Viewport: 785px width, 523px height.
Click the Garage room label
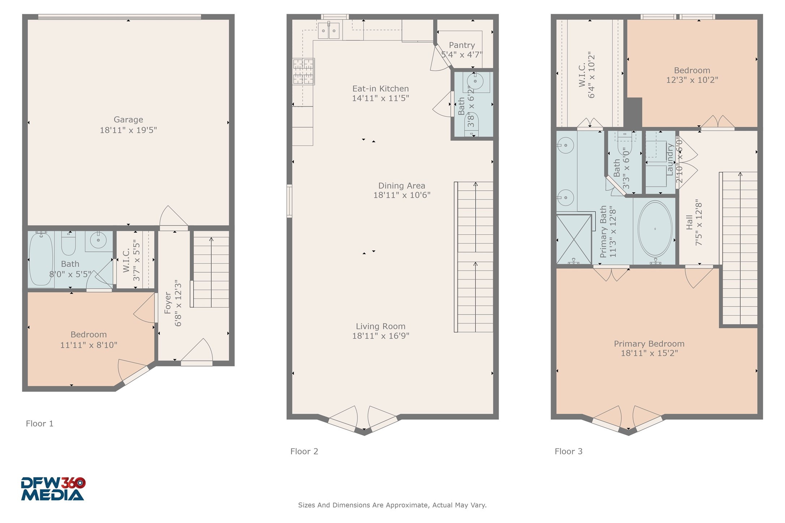coord(128,120)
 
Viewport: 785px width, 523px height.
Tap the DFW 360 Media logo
coord(53,489)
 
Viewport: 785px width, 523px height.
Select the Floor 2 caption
coord(304,451)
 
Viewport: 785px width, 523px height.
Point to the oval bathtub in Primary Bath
coord(655,229)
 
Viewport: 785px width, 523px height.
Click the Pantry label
coord(462,45)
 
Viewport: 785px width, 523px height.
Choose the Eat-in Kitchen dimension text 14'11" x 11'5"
coord(381,98)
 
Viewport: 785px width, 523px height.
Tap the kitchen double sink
coord(329,30)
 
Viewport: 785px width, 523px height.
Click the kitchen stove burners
coord(303,72)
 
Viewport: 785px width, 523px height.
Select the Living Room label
coord(381,327)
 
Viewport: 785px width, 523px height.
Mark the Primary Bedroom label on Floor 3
coord(649,344)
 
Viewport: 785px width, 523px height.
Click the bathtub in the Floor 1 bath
coord(41,259)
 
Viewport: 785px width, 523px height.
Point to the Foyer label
coord(167,303)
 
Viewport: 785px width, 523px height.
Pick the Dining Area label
coord(402,186)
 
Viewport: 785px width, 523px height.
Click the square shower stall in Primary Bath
coord(574,239)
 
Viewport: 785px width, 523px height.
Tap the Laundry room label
coord(670,160)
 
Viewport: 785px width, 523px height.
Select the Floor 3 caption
coord(569,451)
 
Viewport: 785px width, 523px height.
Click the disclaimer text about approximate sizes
coord(392,505)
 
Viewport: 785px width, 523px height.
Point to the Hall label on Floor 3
coord(690,222)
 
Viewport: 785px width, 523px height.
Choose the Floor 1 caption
coord(40,424)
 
